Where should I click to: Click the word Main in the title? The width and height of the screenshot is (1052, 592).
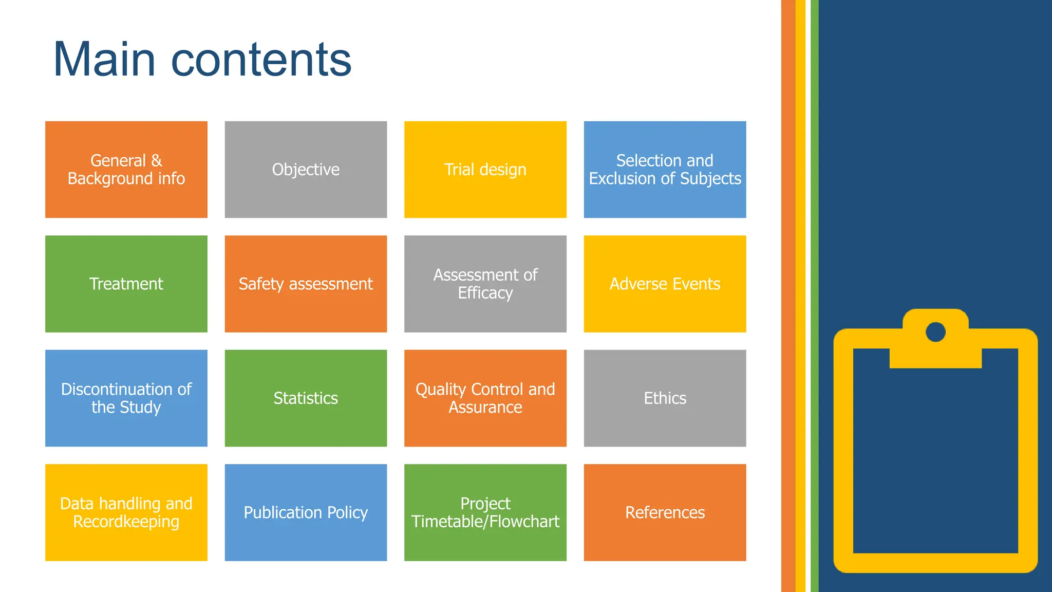[104, 60]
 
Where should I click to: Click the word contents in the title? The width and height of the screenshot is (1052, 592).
[261, 61]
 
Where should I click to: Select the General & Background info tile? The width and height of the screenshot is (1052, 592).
[126, 170]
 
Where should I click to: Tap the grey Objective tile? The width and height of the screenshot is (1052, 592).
[306, 170]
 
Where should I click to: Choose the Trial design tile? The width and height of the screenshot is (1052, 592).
[485, 170]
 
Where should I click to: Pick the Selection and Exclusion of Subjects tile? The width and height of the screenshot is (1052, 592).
[665, 170]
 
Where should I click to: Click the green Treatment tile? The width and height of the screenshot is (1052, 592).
[126, 284]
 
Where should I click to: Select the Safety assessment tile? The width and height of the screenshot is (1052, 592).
[306, 284]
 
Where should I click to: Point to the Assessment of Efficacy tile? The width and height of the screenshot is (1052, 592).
[485, 284]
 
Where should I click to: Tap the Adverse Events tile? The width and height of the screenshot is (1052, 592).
[665, 284]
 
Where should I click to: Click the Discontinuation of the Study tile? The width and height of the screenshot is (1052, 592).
[126, 398]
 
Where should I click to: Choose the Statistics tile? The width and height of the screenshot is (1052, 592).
[306, 398]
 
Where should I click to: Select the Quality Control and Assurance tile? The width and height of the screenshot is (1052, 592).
[485, 398]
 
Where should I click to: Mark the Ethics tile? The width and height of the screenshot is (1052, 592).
[665, 398]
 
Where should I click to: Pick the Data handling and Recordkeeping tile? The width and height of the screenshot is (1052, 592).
[126, 512]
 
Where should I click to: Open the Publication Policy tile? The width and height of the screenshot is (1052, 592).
[306, 512]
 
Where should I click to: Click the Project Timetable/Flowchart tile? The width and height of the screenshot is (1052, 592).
[485, 512]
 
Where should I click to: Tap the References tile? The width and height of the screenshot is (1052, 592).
[665, 512]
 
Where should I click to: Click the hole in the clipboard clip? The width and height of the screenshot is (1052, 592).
[935, 332]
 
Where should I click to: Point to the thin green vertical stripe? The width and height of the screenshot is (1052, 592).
[814, 296]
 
